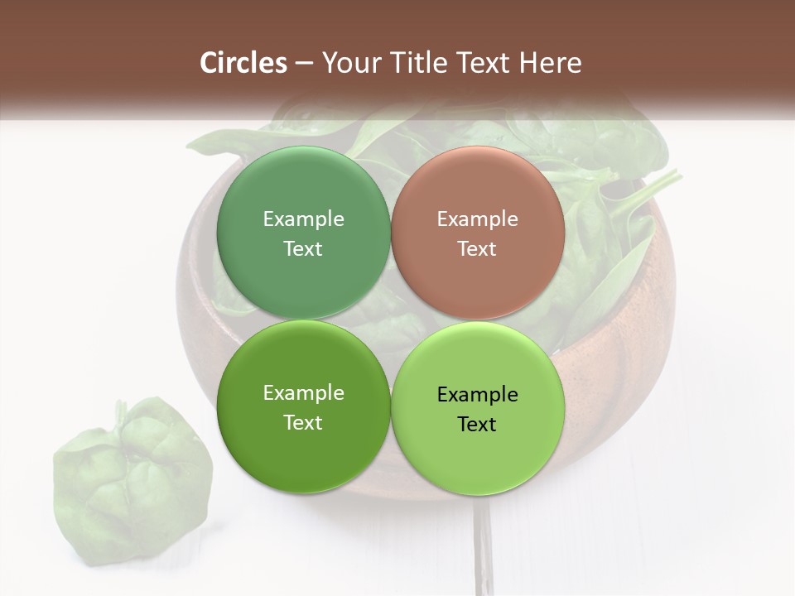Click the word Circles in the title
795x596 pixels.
[243, 62]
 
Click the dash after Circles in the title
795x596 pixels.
[305, 63]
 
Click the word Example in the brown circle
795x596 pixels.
[477, 219]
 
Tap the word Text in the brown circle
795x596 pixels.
[477, 248]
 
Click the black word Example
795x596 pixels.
[477, 394]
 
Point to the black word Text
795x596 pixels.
[477, 424]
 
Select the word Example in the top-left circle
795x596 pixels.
[303, 219]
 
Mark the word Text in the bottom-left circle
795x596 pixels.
[303, 422]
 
